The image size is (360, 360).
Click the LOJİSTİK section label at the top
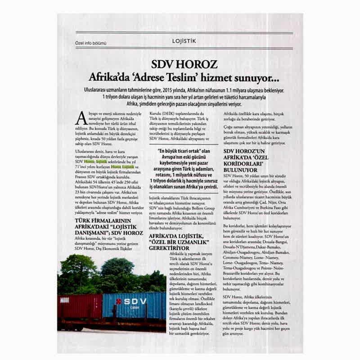[184, 40]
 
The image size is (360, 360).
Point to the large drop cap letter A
[81, 118]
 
